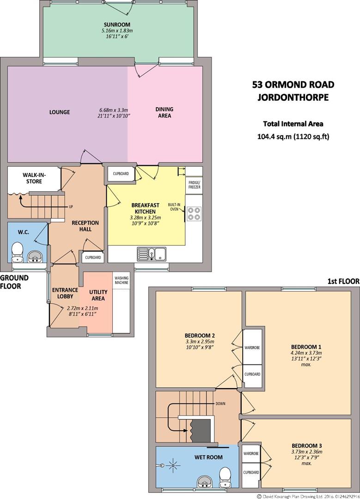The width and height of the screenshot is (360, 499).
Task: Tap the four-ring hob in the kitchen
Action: (x=194, y=214)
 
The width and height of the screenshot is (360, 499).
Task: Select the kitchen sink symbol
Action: (x=152, y=254)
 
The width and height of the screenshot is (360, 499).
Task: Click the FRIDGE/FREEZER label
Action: (x=194, y=185)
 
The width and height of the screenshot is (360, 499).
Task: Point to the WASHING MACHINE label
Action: (x=122, y=280)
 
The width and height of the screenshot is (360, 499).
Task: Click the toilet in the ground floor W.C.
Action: (x=17, y=252)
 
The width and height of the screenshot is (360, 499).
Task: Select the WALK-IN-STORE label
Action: (x=34, y=178)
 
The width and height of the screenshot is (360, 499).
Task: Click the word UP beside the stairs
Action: (x=71, y=207)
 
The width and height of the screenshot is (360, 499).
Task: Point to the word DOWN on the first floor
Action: (x=220, y=403)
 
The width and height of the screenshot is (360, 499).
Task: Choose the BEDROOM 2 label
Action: (x=200, y=335)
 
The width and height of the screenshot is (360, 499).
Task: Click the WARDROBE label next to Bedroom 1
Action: (x=252, y=348)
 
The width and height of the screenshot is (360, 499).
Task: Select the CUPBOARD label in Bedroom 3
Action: (x=251, y=472)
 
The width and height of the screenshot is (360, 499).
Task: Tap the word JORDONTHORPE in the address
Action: (x=293, y=97)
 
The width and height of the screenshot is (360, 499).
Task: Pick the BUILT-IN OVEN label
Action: (x=174, y=207)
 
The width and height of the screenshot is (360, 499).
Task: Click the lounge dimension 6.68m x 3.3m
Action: (x=114, y=110)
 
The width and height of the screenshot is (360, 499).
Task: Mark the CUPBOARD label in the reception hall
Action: (x=93, y=257)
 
